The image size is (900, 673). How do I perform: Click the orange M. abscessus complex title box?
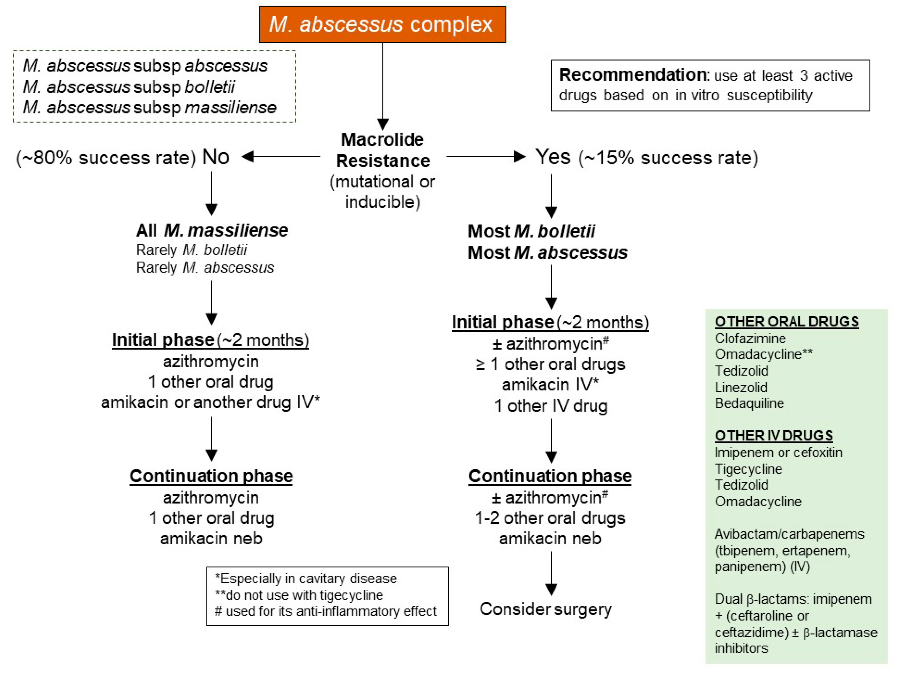tap(382, 24)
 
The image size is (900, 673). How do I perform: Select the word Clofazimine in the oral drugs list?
tap(750, 338)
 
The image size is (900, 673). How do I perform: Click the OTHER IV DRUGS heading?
tap(774, 435)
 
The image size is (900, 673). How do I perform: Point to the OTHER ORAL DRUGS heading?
tap(786, 322)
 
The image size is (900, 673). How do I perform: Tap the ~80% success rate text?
tap(106, 158)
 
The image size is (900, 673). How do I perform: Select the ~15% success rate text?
tap(668, 158)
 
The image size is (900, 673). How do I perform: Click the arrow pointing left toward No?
tap(281, 157)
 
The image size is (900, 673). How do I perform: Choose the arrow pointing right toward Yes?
tap(486, 157)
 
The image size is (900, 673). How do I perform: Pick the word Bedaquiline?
tap(749, 403)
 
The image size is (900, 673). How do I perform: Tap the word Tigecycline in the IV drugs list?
tap(748, 469)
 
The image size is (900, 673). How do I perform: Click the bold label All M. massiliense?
tap(212, 230)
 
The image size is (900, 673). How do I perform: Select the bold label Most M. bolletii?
tap(531, 231)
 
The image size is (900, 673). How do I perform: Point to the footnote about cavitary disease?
tap(306, 579)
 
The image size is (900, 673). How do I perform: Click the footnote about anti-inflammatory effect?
tap(325, 611)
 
